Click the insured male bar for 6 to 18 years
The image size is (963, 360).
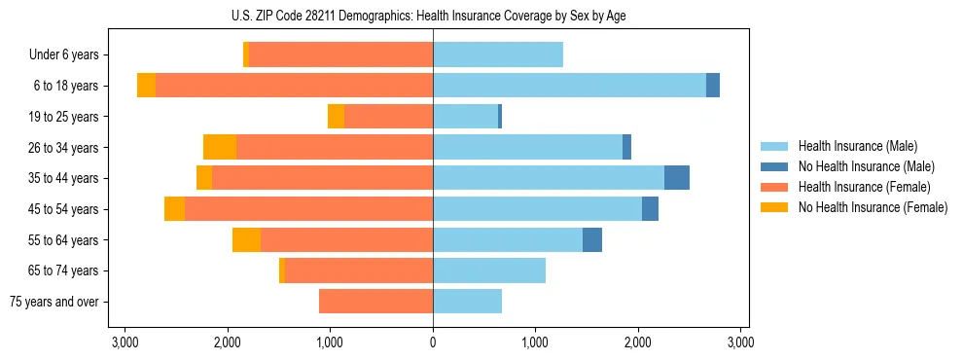click(569, 86)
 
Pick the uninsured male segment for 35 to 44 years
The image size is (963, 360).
click(677, 178)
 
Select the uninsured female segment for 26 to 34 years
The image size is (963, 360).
click(220, 147)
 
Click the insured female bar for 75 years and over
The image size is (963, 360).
click(375, 302)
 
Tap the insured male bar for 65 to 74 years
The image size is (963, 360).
click(489, 270)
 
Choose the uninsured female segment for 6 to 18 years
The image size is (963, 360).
click(146, 86)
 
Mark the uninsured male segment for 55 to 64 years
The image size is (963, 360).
click(592, 239)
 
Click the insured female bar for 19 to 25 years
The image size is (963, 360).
click(388, 117)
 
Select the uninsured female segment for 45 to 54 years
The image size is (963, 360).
click(174, 209)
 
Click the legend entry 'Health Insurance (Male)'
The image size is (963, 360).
click(857, 146)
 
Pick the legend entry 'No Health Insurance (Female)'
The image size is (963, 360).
click(873, 207)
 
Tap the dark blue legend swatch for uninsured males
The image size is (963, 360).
click(774, 166)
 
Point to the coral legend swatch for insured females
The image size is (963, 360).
click(774, 187)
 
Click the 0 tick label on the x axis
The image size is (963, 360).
click(433, 342)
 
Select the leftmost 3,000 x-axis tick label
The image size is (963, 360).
click(125, 342)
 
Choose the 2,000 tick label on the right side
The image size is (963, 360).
click(638, 342)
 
